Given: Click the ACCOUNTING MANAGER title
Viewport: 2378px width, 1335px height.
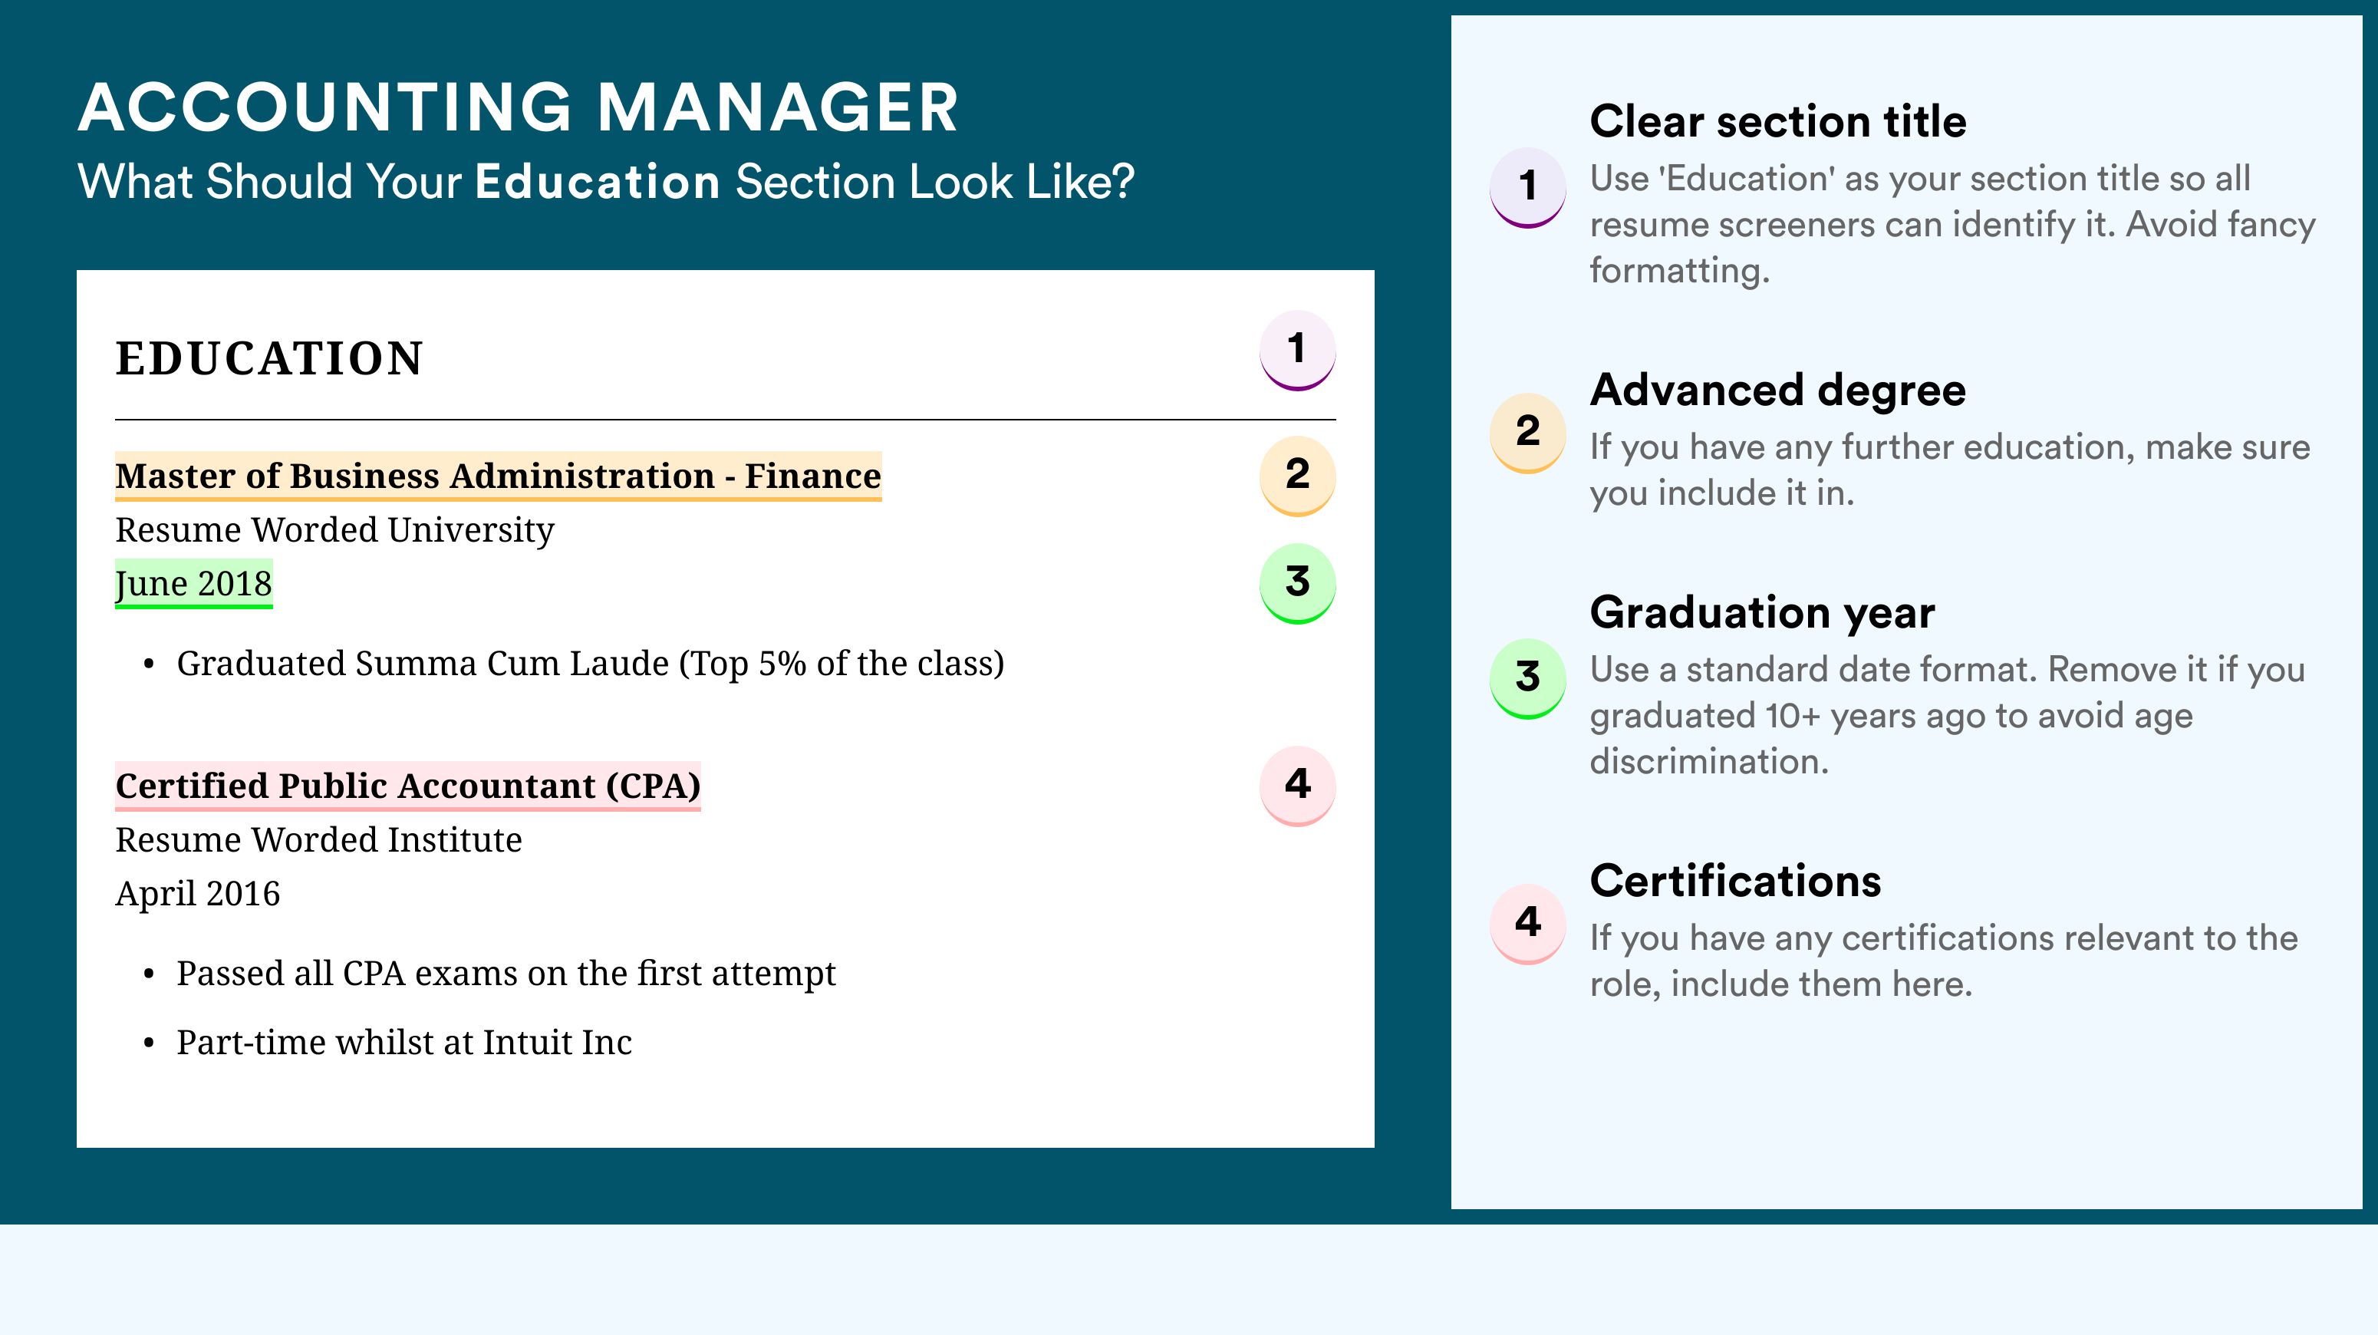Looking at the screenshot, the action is pos(518,107).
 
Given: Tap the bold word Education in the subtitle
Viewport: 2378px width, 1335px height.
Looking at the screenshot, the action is pos(598,181).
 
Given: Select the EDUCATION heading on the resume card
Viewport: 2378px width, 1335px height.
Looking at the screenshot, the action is pos(268,358).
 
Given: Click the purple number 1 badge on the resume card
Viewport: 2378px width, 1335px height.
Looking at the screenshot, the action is pos(1297,350).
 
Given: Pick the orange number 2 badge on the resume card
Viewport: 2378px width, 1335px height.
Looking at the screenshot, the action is pos(1297,476).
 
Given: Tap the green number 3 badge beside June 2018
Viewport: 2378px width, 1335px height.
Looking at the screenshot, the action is pos(1297,583).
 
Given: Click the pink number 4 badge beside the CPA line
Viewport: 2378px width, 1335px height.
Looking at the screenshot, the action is pos(1297,786).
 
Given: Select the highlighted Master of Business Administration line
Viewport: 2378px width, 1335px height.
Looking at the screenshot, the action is pos(499,476).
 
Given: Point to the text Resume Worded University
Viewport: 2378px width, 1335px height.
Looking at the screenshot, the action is pos(334,530).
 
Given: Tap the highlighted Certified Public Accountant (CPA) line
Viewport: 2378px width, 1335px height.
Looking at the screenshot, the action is pos(408,786).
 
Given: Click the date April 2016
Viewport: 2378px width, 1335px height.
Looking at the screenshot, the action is pos(198,894).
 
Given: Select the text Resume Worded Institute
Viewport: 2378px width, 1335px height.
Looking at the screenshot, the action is pos(318,840).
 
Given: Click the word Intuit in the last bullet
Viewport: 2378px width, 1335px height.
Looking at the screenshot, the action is pos(527,1043).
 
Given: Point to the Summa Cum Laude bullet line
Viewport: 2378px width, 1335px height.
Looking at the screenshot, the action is pos(590,664).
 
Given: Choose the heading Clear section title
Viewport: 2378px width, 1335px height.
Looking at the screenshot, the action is pos(1778,121).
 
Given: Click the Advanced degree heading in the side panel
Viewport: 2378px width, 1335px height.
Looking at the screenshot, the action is pos(1778,391).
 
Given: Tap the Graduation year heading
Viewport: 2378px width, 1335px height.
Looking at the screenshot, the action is pos(1762,612).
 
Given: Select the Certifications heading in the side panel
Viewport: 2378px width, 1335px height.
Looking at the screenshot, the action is pos(1735,881).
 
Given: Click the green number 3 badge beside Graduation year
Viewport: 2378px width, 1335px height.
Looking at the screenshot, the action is pos(1528,678).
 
